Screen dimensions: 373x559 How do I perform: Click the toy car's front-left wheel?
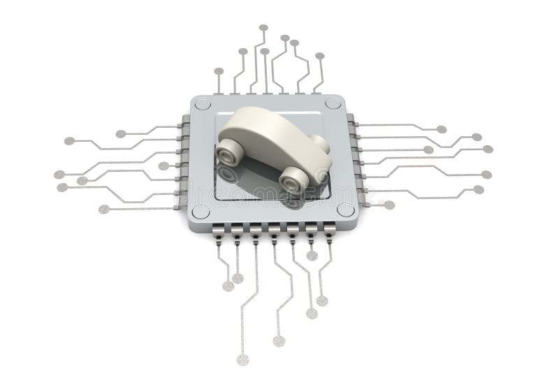(228, 149)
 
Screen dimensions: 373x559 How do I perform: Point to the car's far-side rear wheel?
(320, 143)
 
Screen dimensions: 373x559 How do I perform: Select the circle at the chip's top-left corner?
(203, 105)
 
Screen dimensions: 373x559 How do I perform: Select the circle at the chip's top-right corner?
(333, 103)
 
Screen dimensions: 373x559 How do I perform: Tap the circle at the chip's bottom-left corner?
(201, 212)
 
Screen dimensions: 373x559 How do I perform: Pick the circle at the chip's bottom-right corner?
(345, 209)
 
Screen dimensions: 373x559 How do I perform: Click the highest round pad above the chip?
(263, 28)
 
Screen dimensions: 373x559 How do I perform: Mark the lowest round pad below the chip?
(242, 360)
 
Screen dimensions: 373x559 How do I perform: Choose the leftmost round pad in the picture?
(59, 175)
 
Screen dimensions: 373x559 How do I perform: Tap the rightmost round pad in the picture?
(488, 149)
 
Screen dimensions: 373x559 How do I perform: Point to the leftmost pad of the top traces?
(219, 71)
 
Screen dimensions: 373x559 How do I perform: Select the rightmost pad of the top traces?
(319, 56)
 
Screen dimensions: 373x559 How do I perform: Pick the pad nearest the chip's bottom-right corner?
(389, 205)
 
